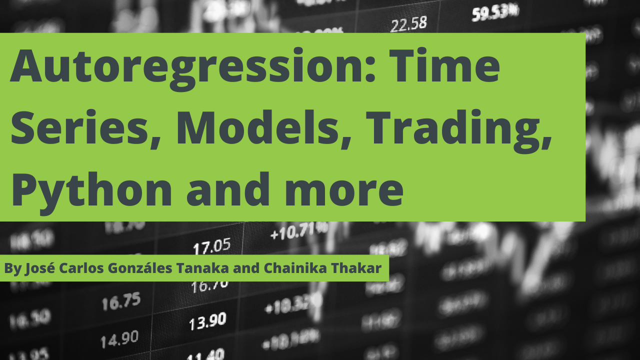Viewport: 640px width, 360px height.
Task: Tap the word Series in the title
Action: click(x=85, y=128)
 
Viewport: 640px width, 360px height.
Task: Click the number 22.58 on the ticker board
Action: click(x=409, y=23)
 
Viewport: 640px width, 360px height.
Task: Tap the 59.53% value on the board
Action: click(x=494, y=12)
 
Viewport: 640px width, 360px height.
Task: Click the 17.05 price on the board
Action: click(x=212, y=245)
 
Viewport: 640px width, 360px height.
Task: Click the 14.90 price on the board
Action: click(x=119, y=339)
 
